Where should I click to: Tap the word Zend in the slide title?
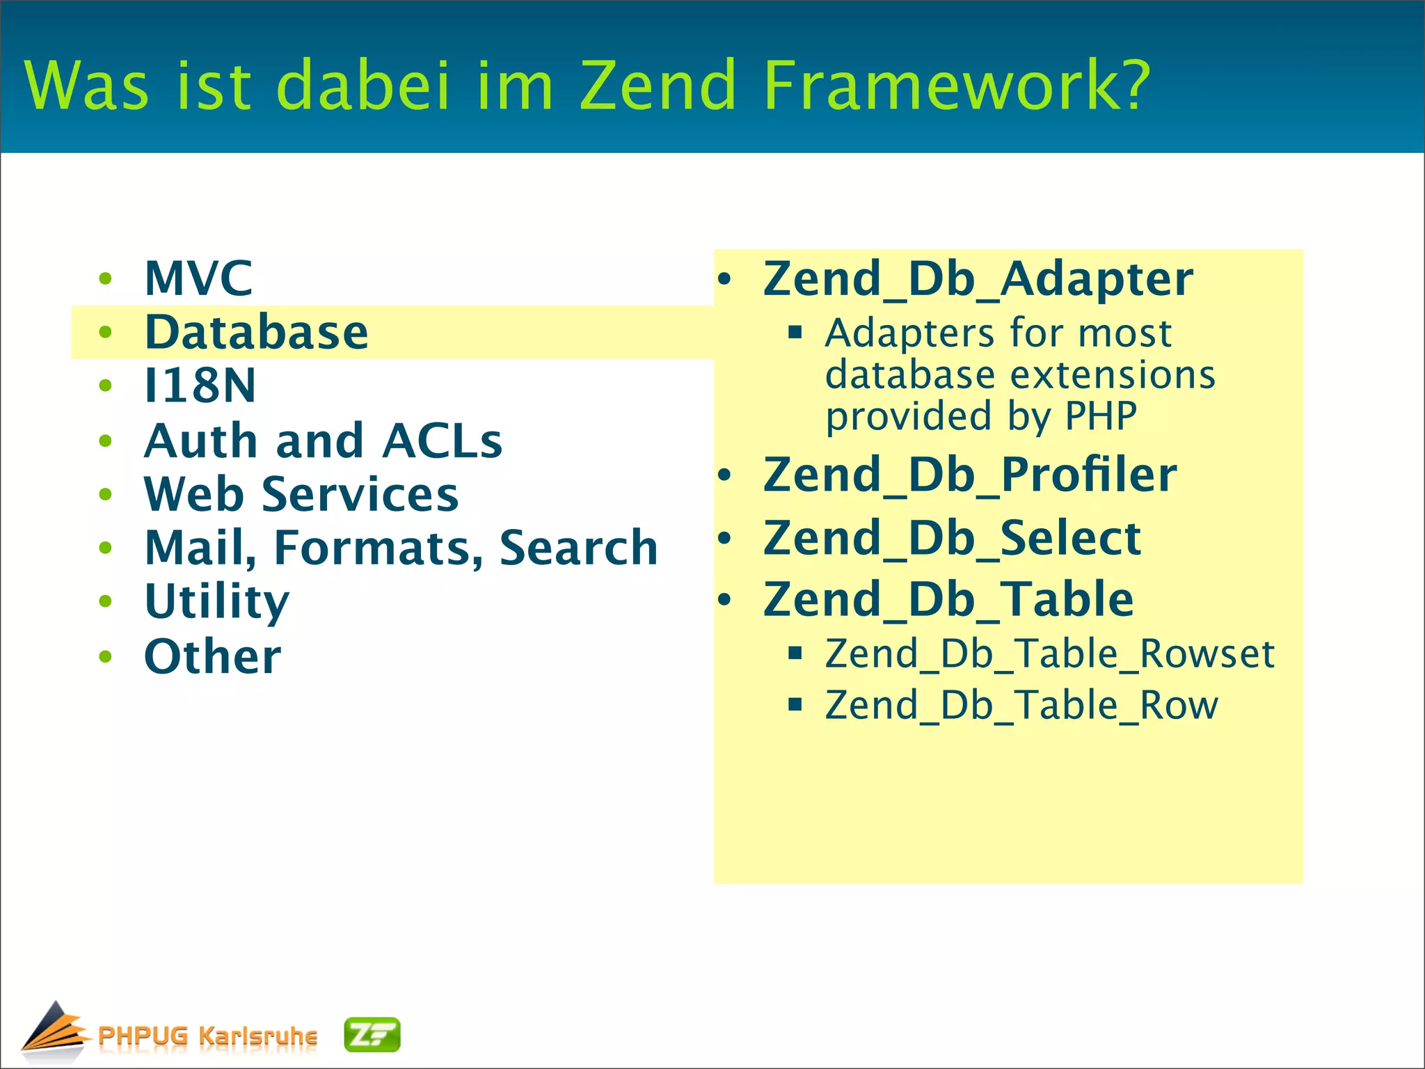(x=658, y=85)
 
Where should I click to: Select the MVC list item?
(x=198, y=278)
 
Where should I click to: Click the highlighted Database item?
(x=256, y=332)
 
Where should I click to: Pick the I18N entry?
(x=200, y=386)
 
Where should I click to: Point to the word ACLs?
(x=443, y=441)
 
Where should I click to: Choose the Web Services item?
(x=301, y=494)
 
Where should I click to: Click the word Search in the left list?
(x=578, y=548)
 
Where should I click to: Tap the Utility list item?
(x=216, y=601)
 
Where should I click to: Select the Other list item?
(x=212, y=656)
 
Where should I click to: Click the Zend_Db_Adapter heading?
(x=978, y=279)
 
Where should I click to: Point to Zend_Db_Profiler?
(x=970, y=475)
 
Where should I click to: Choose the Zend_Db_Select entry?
(x=952, y=538)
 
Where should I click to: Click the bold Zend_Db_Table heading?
(x=948, y=599)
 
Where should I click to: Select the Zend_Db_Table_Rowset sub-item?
(x=1049, y=654)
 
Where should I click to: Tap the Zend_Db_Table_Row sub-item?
(x=1021, y=706)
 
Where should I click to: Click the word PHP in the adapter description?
(x=1101, y=416)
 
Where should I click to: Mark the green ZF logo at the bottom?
(x=372, y=1035)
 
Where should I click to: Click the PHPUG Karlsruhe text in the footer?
(x=207, y=1036)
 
